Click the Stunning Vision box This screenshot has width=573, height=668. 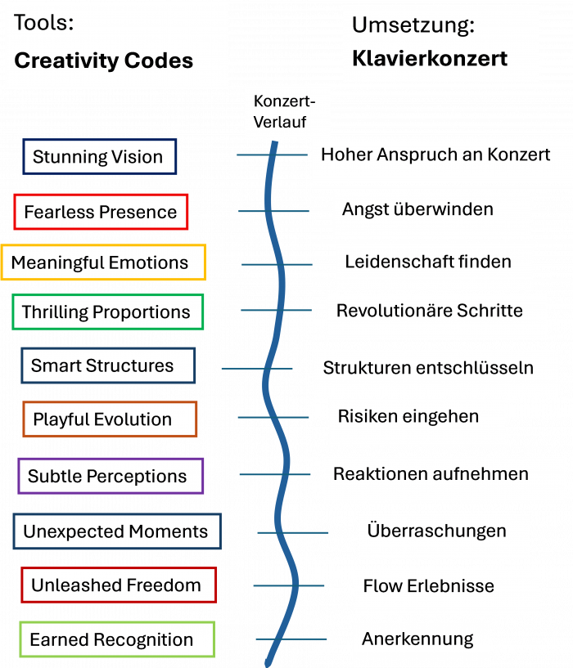click(98, 157)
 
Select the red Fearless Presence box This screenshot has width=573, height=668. click(101, 212)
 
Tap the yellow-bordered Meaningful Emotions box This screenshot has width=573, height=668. click(102, 262)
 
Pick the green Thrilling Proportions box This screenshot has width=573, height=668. click(106, 312)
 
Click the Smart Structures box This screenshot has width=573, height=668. click(107, 365)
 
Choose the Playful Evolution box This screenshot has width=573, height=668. click(109, 419)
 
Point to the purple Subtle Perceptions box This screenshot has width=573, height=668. click(110, 476)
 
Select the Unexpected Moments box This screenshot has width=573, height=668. click(115, 531)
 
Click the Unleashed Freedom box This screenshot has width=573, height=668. click(118, 585)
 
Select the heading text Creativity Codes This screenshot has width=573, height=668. click(104, 61)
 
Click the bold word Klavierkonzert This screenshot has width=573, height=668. click(430, 58)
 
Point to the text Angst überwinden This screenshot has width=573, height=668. click(417, 208)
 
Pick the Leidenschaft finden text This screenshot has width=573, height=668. click(427, 262)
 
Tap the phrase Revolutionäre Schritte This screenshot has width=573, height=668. click(429, 311)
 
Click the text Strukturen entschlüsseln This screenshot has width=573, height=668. click(428, 367)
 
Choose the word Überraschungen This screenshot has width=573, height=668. click(436, 531)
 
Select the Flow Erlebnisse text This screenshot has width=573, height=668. click(428, 585)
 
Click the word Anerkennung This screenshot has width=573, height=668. click(417, 639)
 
